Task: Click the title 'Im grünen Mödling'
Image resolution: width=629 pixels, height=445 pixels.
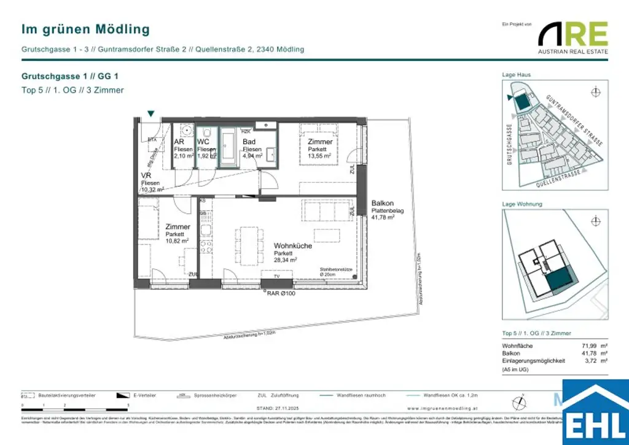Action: [x=85, y=29]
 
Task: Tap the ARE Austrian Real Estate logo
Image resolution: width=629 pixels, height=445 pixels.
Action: [x=572, y=37]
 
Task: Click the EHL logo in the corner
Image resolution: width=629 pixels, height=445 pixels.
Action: [x=595, y=413]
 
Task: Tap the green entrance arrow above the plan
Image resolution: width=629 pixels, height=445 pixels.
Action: [x=151, y=113]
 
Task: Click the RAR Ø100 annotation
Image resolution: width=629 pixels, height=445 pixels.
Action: [x=281, y=293]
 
